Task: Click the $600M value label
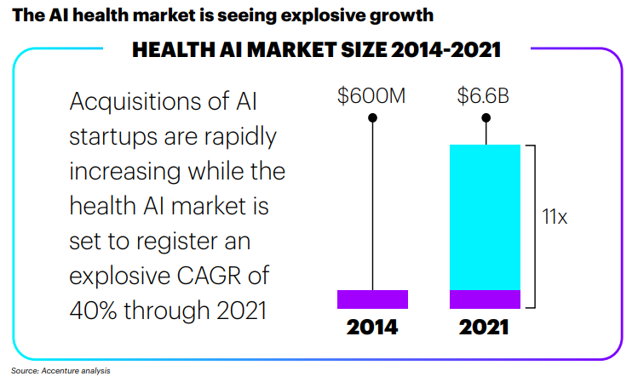click(x=371, y=96)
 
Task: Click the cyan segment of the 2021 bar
click(x=485, y=217)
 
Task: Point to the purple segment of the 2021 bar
click(x=485, y=299)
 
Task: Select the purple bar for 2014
click(x=372, y=299)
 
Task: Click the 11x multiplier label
click(x=555, y=217)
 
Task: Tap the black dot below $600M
click(x=372, y=117)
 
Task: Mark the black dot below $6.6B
click(x=486, y=117)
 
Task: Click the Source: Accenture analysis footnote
click(x=60, y=371)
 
